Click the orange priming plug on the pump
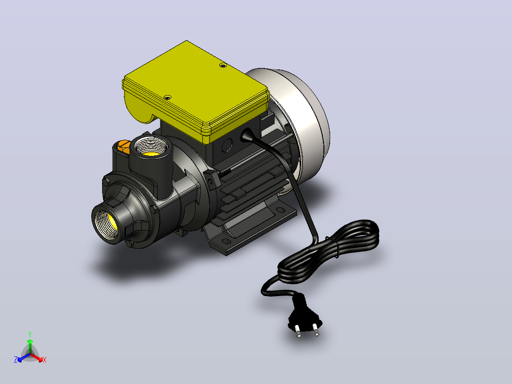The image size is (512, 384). (x=123, y=146)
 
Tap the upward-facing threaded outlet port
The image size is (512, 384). (x=151, y=146)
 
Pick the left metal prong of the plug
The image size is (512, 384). (x=298, y=331)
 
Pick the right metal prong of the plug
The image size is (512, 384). (x=316, y=329)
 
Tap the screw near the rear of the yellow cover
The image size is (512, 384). (x=223, y=66)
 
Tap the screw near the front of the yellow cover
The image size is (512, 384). (x=168, y=97)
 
